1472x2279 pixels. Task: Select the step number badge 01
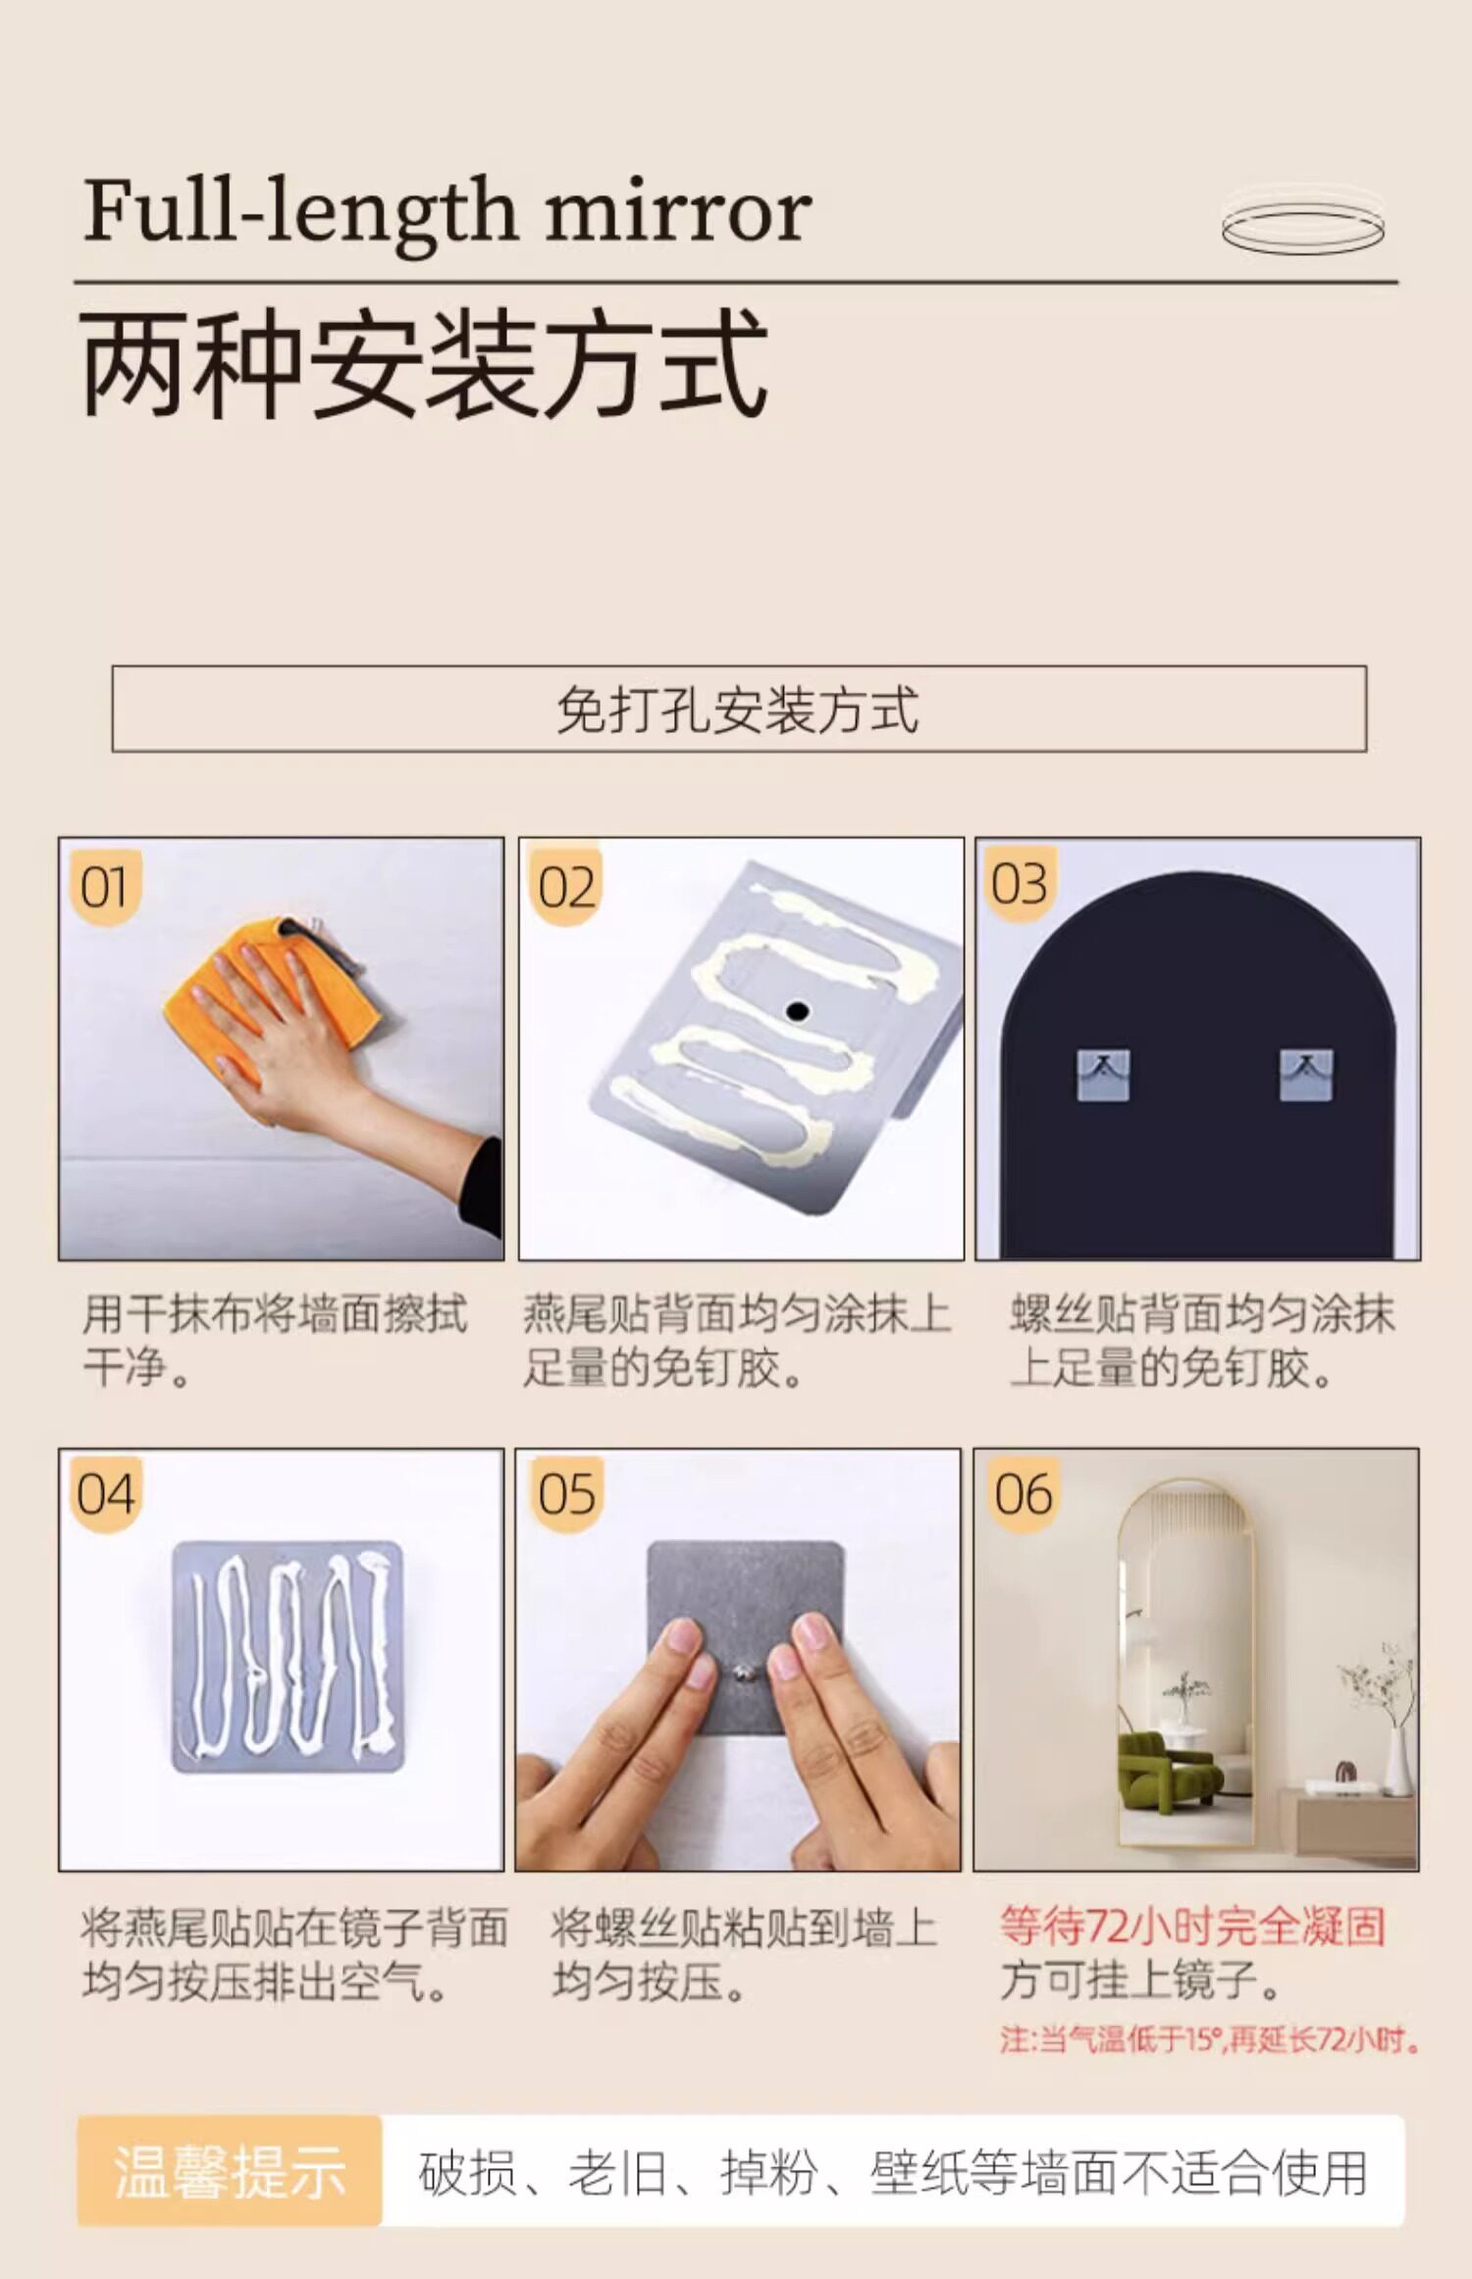click(105, 887)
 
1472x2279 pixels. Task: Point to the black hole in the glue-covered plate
click(797, 1011)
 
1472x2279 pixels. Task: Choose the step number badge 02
click(565, 887)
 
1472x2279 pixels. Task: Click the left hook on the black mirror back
click(1103, 1075)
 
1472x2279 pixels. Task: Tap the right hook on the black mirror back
click(1306, 1075)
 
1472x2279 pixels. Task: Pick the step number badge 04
click(106, 1495)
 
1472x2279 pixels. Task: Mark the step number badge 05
click(566, 1495)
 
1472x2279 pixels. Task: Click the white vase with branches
click(1395, 1761)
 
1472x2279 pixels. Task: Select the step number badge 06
click(1024, 1495)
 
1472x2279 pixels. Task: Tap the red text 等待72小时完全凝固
click(1192, 1927)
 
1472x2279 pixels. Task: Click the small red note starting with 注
click(1210, 2040)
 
